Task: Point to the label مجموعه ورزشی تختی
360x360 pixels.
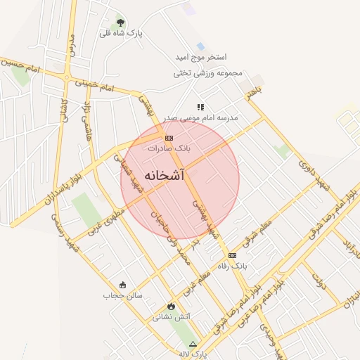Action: coord(207,73)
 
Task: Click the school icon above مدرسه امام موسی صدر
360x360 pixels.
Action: coord(200,107)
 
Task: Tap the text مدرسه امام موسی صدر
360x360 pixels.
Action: coord(201,118)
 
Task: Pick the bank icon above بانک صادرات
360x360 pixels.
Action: coord(169,138)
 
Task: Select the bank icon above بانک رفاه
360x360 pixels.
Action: coord(232,255)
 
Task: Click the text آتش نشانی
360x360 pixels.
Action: coord(172,317)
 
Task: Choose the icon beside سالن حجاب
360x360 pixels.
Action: coord(124,285)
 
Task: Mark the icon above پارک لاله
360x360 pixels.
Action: coord(193,344)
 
